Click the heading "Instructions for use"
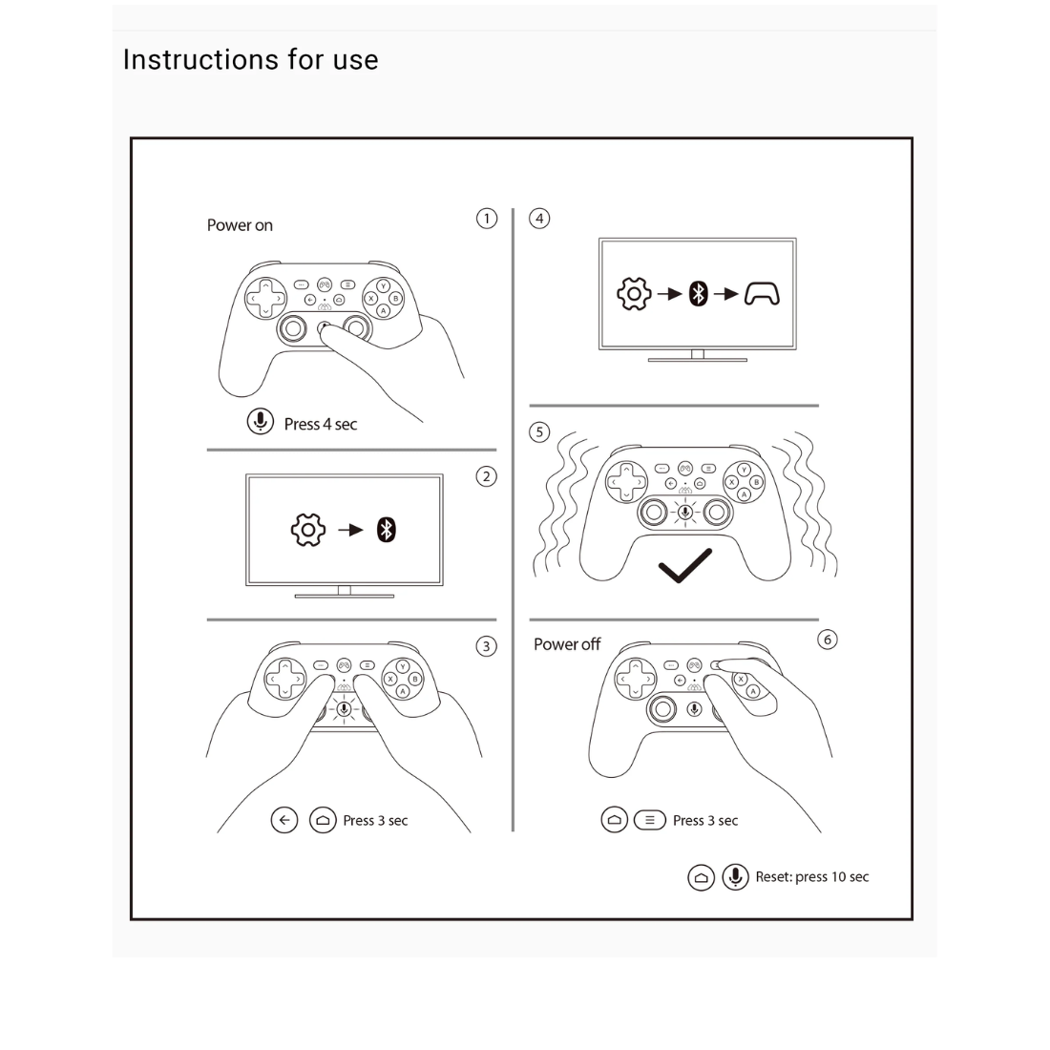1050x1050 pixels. [250, 59]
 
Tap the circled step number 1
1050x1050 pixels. [487, 219]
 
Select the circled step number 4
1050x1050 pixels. [539, 219]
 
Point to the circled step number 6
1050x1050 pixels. [828, 640]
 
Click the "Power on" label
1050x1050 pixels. [240, 225]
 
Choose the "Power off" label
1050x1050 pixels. [566, 644]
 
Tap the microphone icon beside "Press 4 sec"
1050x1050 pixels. [261, 422]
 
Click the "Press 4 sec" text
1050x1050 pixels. [321, 424]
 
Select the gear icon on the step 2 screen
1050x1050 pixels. [308, 530]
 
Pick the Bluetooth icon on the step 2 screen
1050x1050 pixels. [387, 530]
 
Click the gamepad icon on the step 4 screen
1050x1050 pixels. [762, 294]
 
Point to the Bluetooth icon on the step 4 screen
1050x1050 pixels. [699, 294]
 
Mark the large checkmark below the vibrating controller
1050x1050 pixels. [685, 566]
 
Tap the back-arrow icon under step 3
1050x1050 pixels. [283, 820]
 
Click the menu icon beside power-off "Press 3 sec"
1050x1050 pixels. [649, 820]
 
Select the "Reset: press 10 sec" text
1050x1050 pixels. [812, 876]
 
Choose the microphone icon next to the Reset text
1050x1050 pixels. [735, 876]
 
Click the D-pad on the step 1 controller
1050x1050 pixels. [265, 298]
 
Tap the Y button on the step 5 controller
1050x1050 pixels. [744, 470]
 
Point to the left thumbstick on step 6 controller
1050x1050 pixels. [662, 708]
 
